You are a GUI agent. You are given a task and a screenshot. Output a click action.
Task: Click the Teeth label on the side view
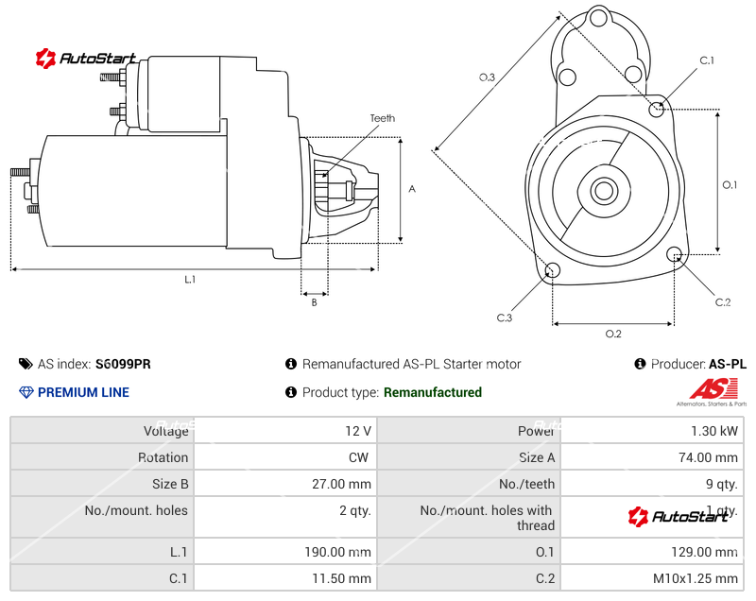tap(382, 118)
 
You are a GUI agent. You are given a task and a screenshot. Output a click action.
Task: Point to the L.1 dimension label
tap(190, 279)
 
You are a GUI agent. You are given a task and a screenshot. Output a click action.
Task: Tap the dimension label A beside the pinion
tap(412, 189)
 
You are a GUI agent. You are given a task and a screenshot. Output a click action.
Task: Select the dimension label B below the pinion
tap(314, 302)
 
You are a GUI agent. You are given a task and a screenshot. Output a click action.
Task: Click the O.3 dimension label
tap(487, 77)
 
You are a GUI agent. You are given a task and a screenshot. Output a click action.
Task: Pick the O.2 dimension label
tap(612, 334)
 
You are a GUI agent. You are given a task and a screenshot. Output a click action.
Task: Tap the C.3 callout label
tap(505, 318)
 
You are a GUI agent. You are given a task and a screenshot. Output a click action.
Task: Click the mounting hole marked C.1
tap(658, 109)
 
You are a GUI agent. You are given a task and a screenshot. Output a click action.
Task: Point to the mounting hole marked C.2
tap(675, 254)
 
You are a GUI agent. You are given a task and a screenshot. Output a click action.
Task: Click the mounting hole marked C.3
tap(553, 272)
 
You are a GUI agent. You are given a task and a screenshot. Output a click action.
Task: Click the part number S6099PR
tap(123, 364)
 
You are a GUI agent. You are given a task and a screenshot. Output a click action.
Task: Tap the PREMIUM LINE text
tap(83, 392)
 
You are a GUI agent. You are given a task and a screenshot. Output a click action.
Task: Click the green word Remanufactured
tap(432, 392)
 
